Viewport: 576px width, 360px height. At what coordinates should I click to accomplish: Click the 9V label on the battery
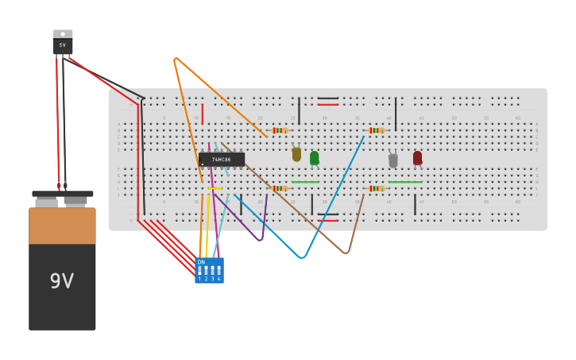pyautogui.click(x=62, y=281)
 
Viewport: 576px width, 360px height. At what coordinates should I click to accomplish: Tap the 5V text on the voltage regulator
pyautogui.click(x=63, y=45)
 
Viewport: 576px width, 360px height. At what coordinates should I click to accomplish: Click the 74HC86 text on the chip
pyautogui.click(x=221, y=160)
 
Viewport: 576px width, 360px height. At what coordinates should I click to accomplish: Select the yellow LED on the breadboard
pyautogui.click(x=296, y=154)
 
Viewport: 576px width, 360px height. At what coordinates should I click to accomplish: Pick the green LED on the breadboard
pyautogui.click(x=315, y=158)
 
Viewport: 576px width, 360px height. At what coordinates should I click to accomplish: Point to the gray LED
pyautogui.click(x=392, y=161)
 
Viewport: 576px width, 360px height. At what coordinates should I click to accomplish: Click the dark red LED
pyautogui.click(x=417, y=158)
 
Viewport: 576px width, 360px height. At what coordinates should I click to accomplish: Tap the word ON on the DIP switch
pyautogui.click(x=201, y=262)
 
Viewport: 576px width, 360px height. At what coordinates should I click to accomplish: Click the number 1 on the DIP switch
pyautogui.click(x=199, y=279)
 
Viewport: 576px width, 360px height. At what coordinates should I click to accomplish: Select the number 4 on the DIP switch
pyautogui.click(x=218, y=279)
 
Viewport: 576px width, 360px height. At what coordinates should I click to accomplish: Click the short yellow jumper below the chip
pyautogui.click(x=215, y=188)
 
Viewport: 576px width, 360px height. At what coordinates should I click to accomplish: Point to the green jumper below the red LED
pyautogui.click(x=405, y=182)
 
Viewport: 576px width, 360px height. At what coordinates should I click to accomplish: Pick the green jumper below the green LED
pyautogui.click(x=305, y=182)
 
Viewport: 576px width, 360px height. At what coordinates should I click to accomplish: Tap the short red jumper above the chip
pyautogui.click(x=203, y=114)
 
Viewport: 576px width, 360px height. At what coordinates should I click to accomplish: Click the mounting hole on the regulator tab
pyautogui.click(x=63, y=34)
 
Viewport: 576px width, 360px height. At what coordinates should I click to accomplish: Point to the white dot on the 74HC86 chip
pyautogui.click(x=203, y=165)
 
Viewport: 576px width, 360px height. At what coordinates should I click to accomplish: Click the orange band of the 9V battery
pyautogui.click(x=62, y=226)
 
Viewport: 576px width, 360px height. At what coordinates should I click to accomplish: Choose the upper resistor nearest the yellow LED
pyautogui.click(x=279, y=130)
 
